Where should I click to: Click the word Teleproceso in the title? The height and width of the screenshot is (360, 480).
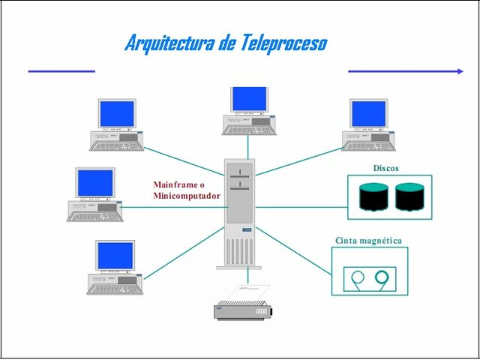[284, 43]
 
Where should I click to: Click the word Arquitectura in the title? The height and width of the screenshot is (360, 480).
[170, 43]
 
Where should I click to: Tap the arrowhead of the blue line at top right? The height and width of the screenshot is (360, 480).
[460, 71]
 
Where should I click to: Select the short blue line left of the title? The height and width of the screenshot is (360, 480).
[61, 71]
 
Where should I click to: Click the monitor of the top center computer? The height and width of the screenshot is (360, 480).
[249, 99]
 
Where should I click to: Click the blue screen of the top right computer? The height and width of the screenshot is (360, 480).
[368, 114]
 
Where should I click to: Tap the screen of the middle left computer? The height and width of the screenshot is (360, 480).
[94, 182]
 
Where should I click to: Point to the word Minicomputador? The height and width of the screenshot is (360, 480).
[187, 196]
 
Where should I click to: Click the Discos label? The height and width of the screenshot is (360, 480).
[386, 168]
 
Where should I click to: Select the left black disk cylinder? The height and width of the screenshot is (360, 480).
[373, 197]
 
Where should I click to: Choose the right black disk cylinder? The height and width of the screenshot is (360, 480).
[409, 197]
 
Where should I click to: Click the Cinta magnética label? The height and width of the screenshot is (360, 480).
[367, 241]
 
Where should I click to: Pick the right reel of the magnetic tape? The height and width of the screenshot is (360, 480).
[384, 278]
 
